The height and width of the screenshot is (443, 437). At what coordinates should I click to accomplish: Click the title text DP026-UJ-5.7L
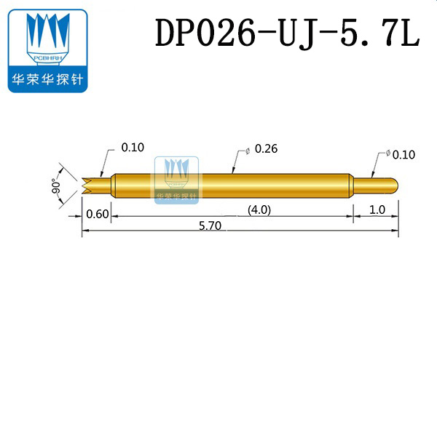tap(288, 33)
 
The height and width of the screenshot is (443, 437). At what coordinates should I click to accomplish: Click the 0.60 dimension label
tap(98, 214)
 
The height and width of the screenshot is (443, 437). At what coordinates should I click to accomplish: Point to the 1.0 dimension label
tap(377, 210)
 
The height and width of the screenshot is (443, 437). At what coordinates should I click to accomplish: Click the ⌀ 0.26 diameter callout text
tap(263, 149)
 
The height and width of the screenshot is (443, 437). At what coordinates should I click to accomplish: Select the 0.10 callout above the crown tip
tap(133, 147)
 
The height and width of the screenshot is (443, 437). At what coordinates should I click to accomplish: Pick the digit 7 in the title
tap(385, 33)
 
